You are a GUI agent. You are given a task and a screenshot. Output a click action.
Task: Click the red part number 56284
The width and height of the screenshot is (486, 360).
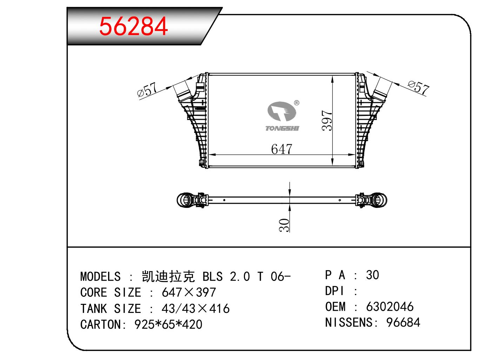click(x=133, y=26)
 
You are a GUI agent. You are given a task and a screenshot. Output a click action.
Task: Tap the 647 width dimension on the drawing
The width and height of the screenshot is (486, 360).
click(x=281, y=149)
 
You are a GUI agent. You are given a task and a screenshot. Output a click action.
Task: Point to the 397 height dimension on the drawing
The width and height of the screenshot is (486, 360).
click(x=327, y=121)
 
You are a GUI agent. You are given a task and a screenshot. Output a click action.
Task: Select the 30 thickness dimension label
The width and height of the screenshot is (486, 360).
click(x=284, y=225)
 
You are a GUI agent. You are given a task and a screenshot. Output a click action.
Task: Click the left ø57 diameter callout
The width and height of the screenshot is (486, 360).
click(x=147, y=90)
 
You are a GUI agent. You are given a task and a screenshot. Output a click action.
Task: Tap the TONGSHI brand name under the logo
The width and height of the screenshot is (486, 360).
click(x=282, y=128)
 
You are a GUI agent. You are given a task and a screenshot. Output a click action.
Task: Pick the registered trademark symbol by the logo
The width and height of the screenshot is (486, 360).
click(x=297, y=103)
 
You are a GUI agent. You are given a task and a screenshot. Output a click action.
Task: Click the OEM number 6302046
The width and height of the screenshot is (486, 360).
click(x=390, y=307)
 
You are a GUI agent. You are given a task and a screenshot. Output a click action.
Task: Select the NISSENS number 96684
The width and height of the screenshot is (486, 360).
click(x=403, y=322)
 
